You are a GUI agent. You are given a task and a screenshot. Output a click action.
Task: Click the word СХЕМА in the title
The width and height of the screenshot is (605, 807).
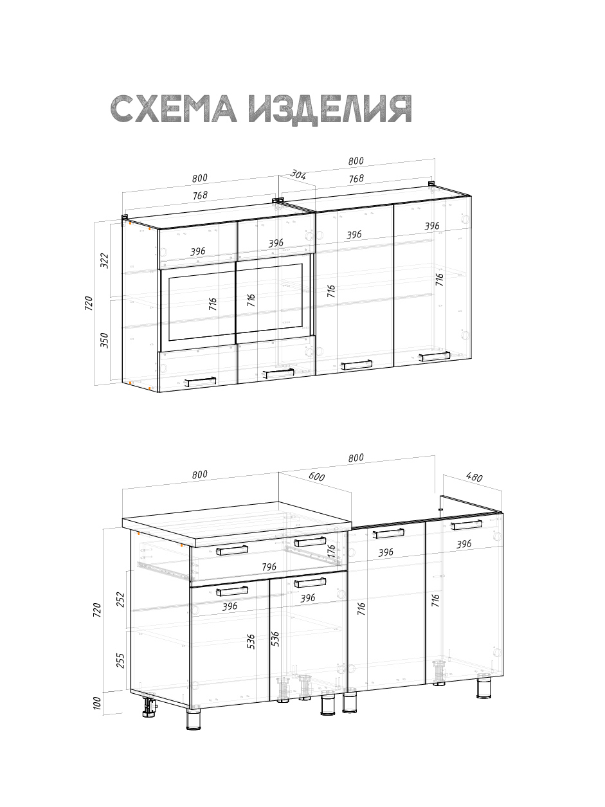(x=174, y=109)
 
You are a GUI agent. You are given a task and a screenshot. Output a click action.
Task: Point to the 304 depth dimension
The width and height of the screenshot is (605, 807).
(x=298, y=175)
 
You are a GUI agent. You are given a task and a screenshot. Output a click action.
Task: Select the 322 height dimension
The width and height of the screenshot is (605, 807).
(x=105, y=260)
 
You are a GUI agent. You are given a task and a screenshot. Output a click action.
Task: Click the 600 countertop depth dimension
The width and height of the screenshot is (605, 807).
(x=316, y=477)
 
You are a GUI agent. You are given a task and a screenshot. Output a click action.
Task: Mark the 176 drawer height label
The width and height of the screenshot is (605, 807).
(x=332, y=552)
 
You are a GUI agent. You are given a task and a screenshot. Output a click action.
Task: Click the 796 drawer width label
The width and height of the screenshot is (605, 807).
(x=269, y=567)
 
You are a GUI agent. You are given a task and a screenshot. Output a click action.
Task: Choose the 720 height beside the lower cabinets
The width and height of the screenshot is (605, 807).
(x=98, y=610)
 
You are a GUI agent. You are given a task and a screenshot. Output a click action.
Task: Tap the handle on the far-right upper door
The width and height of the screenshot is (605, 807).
(x=434, y=357)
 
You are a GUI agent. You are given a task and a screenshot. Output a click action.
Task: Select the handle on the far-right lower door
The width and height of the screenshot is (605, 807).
(x=466, y=525)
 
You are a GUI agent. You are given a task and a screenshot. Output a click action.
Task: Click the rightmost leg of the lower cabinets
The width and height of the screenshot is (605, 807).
(x=484, y=688)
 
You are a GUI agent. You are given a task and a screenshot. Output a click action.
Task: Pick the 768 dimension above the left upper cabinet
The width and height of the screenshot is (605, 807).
(x=200, y=195)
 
